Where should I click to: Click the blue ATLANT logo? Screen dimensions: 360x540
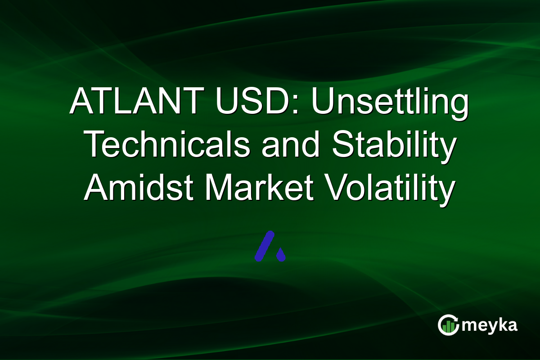pos(270,247)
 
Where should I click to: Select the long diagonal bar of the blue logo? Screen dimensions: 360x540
pos(265,246)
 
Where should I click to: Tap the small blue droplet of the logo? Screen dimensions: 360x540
pos(281,255)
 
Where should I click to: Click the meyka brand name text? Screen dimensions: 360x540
pos(490,325)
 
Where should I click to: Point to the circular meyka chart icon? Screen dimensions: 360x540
pos(448,325)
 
